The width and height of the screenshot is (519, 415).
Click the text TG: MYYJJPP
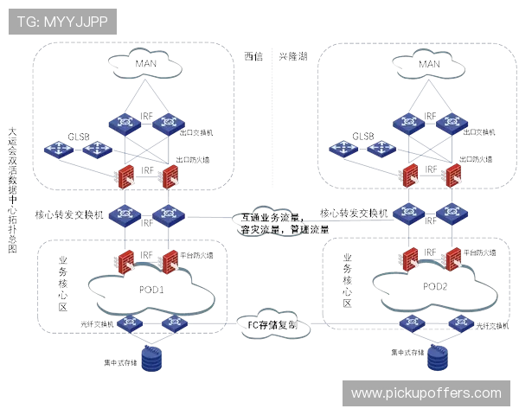pyautogui.click(x=61, y=22)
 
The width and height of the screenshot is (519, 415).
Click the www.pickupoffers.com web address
pyautogui.click(x=426, y=393)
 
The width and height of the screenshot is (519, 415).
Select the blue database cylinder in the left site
pyautogui.click(x=151, y=358)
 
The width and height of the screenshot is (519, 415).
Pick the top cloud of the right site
pyautogui.click(x=430, y=62)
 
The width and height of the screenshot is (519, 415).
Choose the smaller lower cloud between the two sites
pyautogui.click(x=273, y=327)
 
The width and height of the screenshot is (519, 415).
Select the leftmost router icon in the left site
pyautogui.click(x=59, y=150)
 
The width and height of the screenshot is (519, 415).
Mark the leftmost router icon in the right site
pyautogui.click(x=344, y=150)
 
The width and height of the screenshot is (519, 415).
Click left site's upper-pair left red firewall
pyautogui.click(x=127, y=176)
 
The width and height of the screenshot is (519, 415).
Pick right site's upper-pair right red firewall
pyautogui.click(x=453, y=176)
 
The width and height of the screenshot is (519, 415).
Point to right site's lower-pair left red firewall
pyautogui.click(x=411, y=259)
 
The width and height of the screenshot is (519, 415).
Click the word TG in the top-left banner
pyautogui.click(x=26, y=22)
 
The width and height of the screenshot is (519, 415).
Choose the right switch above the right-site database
pyautogui.click(x=458, y=323)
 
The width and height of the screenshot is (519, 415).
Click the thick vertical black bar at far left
pyautogui.click(x=12, y=177)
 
